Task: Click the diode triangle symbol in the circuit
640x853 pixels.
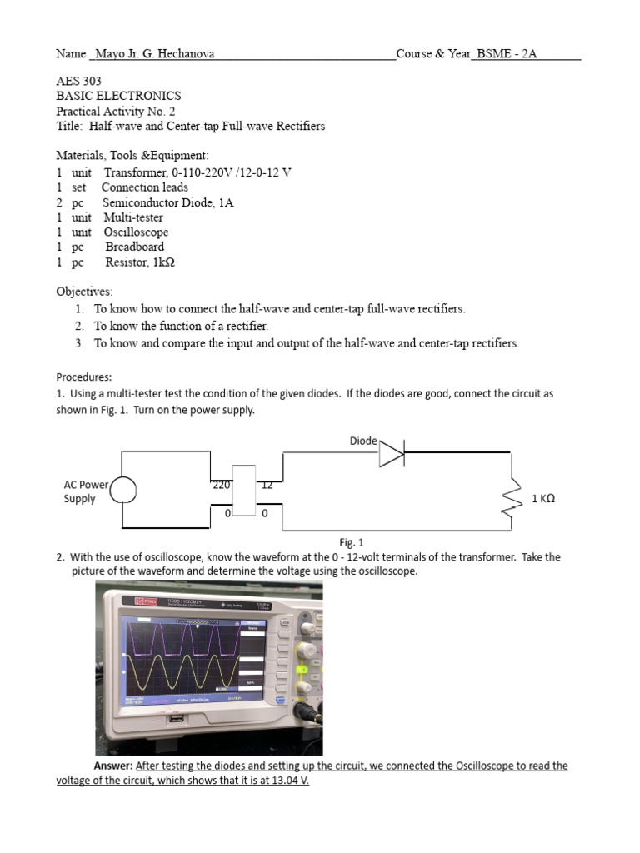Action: (391, 454)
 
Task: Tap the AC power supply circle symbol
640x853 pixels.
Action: (123, 491)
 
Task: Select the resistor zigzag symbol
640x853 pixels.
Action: (511, 499)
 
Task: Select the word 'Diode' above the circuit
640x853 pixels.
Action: (363, 440)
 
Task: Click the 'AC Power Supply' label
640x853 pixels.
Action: (86, 491)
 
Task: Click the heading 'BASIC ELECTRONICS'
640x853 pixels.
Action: (118, 97)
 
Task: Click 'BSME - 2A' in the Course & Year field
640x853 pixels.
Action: (507, 54)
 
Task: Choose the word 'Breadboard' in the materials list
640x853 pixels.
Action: (135, 247)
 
